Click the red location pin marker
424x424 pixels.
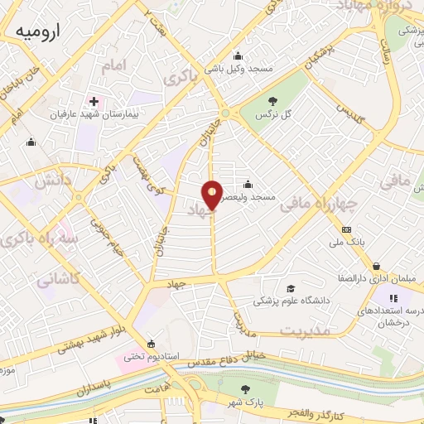(x=213, y=194)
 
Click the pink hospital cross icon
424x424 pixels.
(x=94, y=102)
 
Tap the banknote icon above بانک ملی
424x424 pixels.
(x=346, y=229)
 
